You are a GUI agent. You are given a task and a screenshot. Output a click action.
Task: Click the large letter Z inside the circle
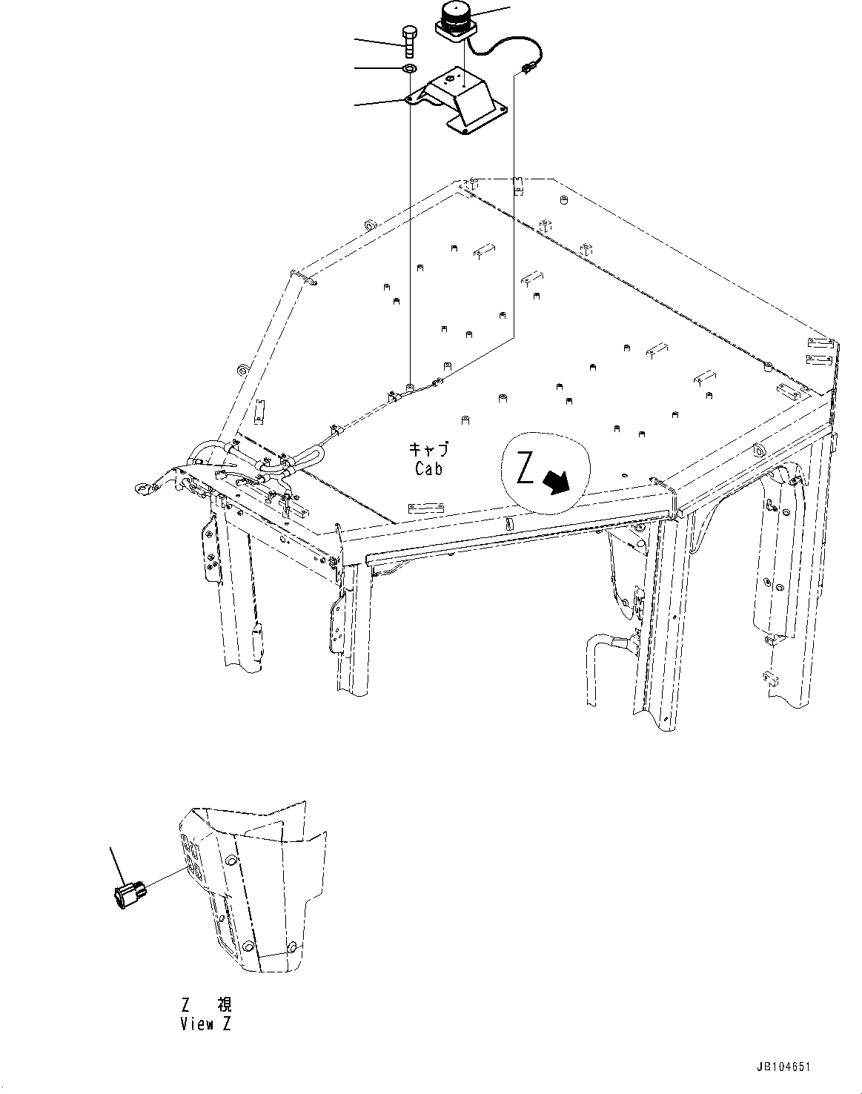(525, 470)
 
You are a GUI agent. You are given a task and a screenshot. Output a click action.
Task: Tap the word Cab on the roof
(429, 468)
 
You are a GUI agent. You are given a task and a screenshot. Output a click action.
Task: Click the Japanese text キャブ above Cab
(429, 449)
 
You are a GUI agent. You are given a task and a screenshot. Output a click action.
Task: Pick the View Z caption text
(206, 1024)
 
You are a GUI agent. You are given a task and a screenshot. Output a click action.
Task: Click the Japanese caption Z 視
(206, 1005)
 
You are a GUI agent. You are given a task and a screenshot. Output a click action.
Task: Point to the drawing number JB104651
(783, 1068)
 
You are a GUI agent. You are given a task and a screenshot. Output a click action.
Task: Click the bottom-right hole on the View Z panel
(291, 947)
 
